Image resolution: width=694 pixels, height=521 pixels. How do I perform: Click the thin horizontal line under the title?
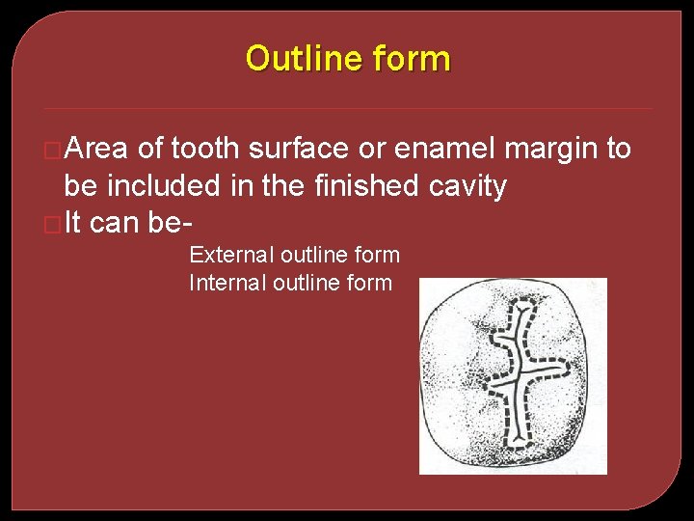click(x=347, y=108)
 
